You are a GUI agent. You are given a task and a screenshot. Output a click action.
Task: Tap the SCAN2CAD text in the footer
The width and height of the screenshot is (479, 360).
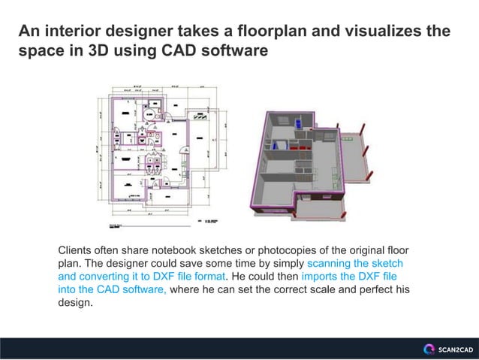tap(454, 349)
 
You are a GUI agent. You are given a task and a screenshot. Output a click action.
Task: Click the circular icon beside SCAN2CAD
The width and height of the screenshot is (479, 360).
tap(429, 349)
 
